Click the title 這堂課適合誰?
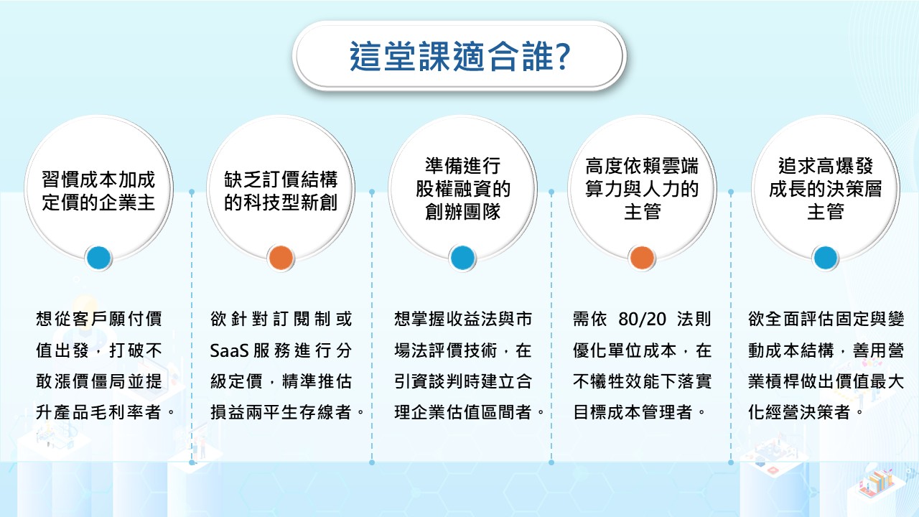459,56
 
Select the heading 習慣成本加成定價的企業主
98,191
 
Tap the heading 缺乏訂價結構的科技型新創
281,191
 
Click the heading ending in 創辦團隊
462,189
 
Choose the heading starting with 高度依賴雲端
642,189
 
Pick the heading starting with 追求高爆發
825,189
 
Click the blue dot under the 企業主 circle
98,258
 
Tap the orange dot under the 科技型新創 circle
281,258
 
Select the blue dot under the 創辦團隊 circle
462,258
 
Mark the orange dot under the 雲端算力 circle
642,258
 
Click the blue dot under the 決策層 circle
825,258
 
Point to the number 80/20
642,319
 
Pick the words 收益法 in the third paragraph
472,319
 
